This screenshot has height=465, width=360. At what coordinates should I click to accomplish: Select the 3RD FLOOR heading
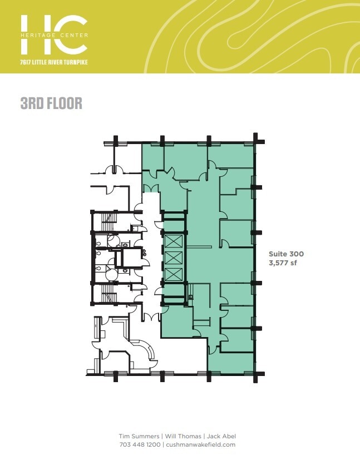(x=51, y=103)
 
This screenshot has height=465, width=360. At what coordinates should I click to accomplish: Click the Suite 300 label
(x=286, y=254)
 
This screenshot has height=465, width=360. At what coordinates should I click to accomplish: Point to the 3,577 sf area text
(x=283, y=263)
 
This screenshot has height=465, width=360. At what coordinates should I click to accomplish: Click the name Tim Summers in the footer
(x=137, y=436)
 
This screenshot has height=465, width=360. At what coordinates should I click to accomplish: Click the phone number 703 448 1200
(x=140, y=444)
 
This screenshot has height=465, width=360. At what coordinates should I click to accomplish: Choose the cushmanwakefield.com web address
(x=201, y=444)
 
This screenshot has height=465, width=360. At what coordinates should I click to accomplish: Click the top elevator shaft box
(x=173, y=242)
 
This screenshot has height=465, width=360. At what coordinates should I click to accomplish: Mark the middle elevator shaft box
(x=173, y=258)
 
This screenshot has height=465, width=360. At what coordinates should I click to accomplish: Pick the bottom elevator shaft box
(x=173, y=274)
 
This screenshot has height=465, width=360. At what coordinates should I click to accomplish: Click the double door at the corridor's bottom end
(x=149, y=316)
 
